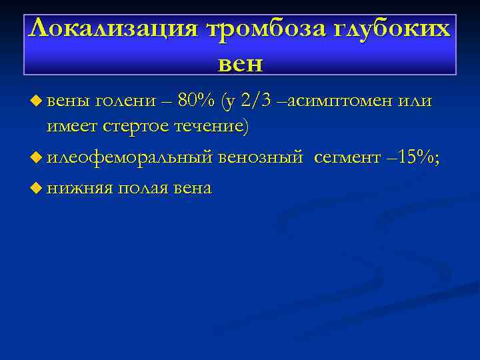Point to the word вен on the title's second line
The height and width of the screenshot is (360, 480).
pos(240,63)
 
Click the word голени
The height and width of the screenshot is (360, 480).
pos(121,101)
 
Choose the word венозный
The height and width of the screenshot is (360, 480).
pos(262,157)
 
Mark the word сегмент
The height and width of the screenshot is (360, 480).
pos(346,157)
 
